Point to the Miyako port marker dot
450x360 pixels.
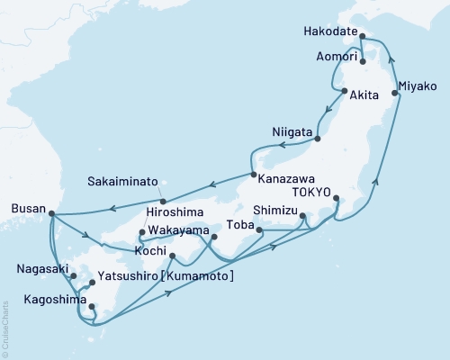[x=395, y=93]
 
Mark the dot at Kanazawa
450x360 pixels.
[x=254, y=175]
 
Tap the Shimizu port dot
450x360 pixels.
[x=302, y=215]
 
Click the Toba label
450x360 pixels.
[x=238, y=224]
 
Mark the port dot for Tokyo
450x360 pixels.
[x=335, y=198]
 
